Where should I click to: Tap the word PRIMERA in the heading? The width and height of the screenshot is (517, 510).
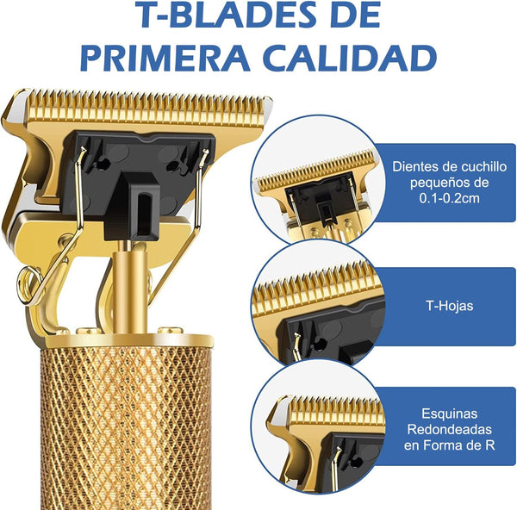coord(165,59)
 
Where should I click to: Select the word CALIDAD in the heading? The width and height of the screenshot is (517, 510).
coord(350,59)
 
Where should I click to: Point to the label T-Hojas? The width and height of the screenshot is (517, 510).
coord(450,306)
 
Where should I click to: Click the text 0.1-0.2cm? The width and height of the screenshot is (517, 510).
coord(450,198)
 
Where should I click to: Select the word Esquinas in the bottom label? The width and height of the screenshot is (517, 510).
coord(450,414)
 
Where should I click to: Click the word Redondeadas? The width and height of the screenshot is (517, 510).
coord(450,430)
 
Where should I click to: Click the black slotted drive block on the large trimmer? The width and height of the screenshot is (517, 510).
coord(133,207)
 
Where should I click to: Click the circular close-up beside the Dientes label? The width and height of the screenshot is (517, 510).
coord(319,181)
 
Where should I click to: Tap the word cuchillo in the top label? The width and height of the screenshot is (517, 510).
coord(483,166)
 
